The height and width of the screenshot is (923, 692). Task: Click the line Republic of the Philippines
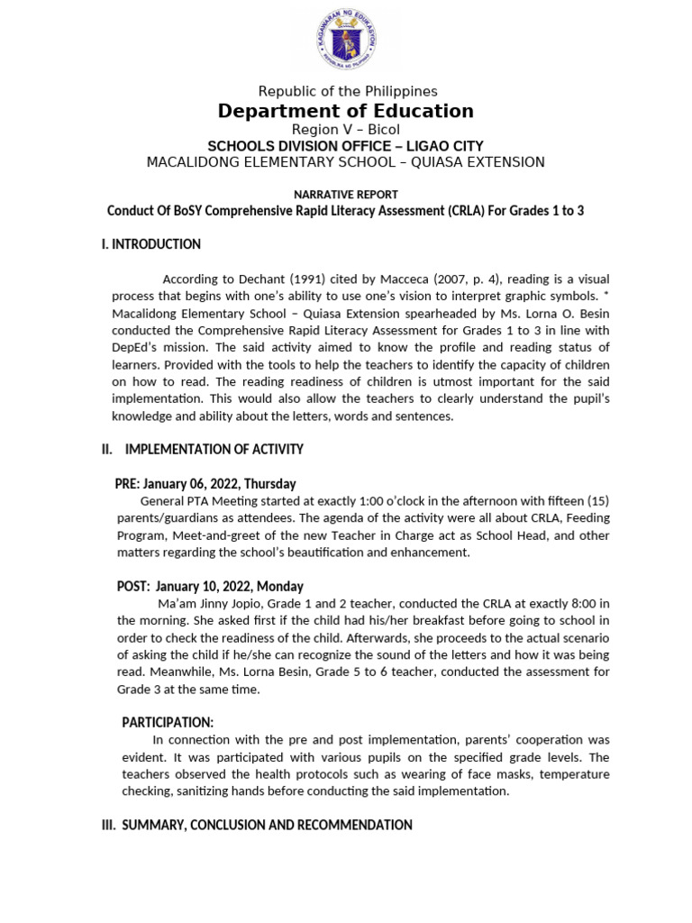[x=347, y=91]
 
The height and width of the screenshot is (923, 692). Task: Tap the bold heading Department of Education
[x=345, y=111]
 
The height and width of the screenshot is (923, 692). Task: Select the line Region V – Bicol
[x=346, y=130]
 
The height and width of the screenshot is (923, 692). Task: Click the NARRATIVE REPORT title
[x=346, y=194]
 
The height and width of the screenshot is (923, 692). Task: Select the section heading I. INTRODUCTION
[x=150, y=244]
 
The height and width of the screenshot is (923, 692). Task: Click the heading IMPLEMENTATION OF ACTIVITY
[x=214, y=449]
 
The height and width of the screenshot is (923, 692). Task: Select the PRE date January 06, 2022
[x=193, y=484]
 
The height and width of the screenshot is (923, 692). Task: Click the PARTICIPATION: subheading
[x=168, y=722]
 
